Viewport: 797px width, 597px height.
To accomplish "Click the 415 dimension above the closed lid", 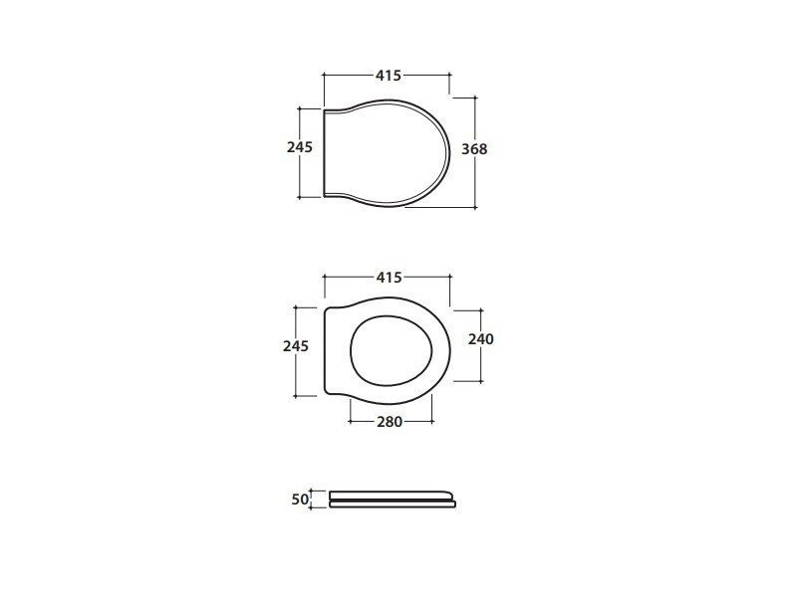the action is pos(389,76).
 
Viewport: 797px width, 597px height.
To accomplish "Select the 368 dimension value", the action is pos(474,148).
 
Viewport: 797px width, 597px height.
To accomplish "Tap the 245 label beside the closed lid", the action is pos(300,147).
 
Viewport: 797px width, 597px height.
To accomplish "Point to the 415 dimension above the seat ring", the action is pos(389,278).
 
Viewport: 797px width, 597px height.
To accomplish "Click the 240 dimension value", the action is pos(481,338).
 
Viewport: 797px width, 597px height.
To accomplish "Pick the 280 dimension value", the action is pos(390,421).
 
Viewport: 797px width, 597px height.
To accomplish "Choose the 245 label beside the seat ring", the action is pos(296,345).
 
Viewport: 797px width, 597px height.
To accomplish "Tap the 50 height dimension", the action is pos(300,499).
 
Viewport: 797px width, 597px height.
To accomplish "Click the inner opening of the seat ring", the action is pos(392,351).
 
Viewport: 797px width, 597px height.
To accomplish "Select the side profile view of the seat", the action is pos(393,499).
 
